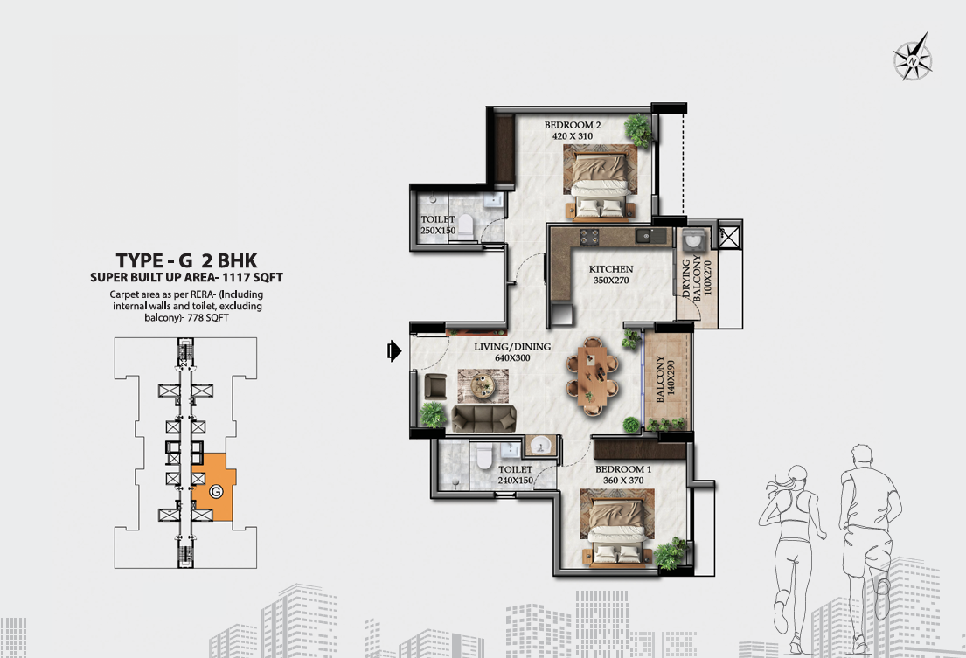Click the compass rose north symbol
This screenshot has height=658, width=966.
pos(913,57)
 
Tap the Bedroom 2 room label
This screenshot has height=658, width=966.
pos(573,130)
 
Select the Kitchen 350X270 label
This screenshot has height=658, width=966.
pos(610,274)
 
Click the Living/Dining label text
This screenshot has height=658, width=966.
pos(512,347)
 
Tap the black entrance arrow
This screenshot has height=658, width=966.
pos(394,351)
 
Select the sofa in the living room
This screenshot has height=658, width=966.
pos(483,419)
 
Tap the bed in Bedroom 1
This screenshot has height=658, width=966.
pos(618,528)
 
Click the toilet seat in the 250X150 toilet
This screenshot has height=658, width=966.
pos(466,226)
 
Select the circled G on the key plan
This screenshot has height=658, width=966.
pos(216,492)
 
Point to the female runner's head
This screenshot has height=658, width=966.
pos(796,476)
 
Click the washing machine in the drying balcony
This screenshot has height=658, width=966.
pos(695,239)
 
